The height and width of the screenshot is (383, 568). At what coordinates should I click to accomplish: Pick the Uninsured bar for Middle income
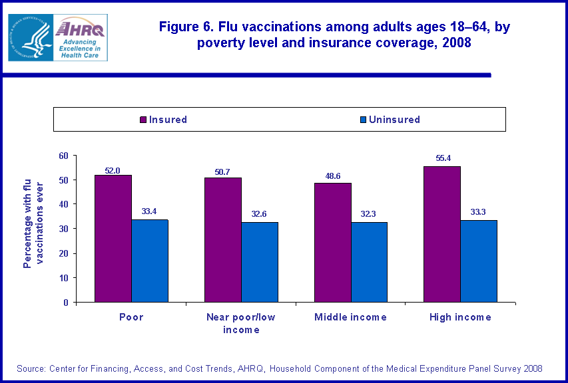click(x=368, y=262)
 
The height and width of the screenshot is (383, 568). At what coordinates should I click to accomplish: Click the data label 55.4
click(x=441, y=159)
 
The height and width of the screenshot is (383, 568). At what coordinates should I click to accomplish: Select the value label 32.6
click(x=259, y=214)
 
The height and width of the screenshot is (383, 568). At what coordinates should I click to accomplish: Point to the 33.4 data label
click(x=149, y=212)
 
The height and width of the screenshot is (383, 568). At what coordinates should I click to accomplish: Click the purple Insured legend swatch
click(x=143, y=120)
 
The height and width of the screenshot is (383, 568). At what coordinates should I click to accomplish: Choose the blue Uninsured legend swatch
click(x=363, y=120)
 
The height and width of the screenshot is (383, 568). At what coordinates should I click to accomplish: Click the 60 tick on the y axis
click(x=64, y=156)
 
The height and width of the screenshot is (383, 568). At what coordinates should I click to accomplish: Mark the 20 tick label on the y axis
click(x=64, y=253)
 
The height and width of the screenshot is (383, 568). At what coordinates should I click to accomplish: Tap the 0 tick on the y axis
click(x=66, y=303)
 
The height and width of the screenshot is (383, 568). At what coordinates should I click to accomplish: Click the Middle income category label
click(x=350, y=317)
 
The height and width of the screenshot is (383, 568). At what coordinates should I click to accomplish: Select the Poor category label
click(x=131, y=317)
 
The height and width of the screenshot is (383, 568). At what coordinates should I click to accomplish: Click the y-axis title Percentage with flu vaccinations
click(x=32, y=222)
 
